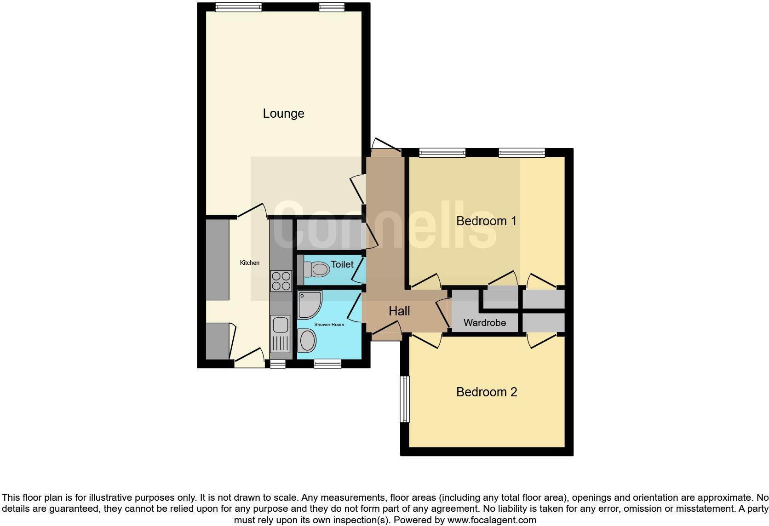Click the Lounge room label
coord(283,114)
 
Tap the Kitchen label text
coord(250,263)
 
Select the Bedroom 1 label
coord(486,221)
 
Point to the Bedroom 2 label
coord(487,392)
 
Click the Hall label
coord(399,311)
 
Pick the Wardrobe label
coord(485,323)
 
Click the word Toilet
coord(342,264)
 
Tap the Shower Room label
coord(329,325)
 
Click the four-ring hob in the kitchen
coord(281,280)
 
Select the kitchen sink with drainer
coord(280,336)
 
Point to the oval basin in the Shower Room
coord(307,342)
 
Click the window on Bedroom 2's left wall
coord(405,399)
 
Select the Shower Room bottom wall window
coord(327,364)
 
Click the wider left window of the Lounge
coord(238,7)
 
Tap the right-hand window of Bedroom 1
coord(522,153)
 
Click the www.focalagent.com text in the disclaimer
coord(492,520)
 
